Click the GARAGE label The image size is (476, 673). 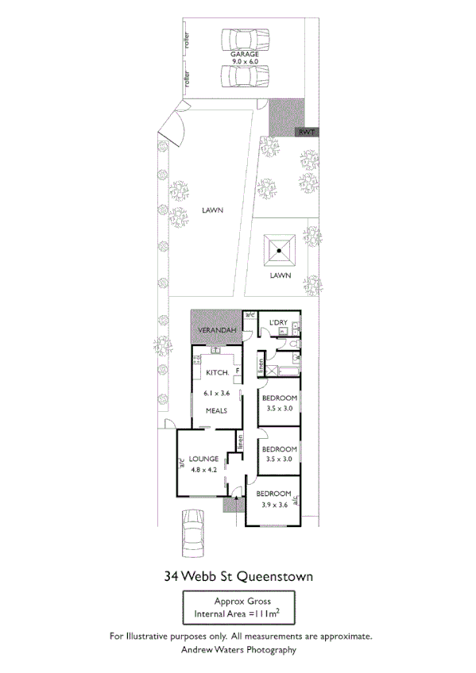click(245, 54)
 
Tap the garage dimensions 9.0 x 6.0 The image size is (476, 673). click(245, 62)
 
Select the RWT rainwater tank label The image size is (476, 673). click(308, 133)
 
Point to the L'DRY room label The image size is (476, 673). click(278, 321)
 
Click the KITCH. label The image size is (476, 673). click(218, 372)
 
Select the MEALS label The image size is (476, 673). click(217, 410)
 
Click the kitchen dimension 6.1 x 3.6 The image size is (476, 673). click(217, 393)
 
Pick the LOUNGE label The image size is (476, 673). click(204, 459)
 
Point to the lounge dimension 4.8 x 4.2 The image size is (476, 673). click(204, 469)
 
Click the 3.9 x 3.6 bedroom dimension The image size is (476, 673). click(273, 505)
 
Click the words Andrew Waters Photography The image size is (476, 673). click(238, 649)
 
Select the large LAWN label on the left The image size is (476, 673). click(212, 210)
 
